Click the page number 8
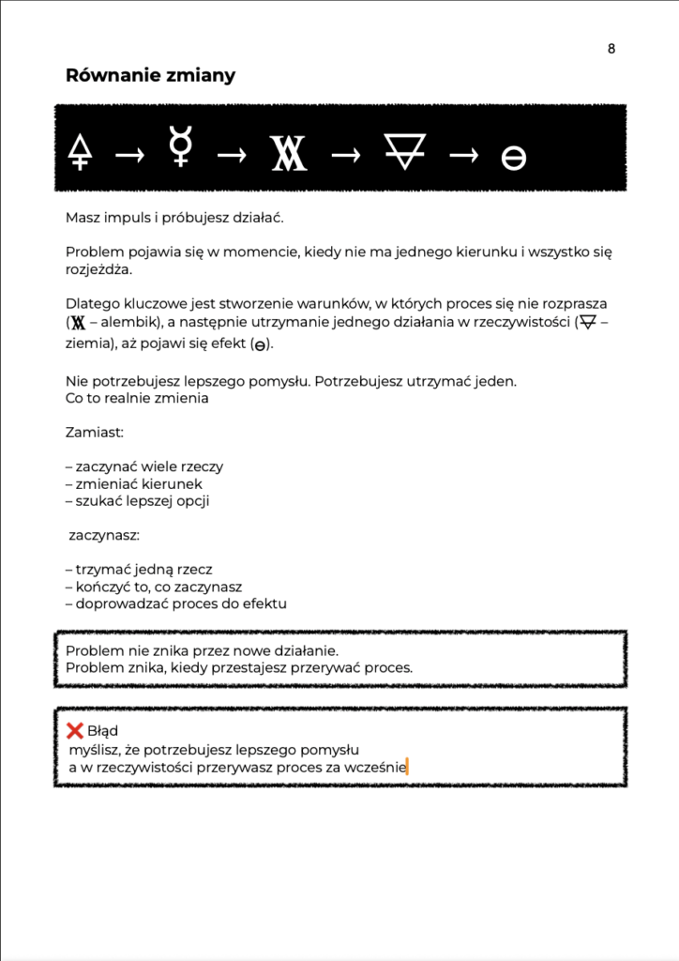[611, 49]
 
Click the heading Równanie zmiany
[150, 76]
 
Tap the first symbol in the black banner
[81, 151]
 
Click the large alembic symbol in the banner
[289, 153]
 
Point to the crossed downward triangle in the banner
[404, 150]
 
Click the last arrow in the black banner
[463, 155]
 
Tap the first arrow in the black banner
[129, 155]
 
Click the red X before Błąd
[75, 730]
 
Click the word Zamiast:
[91, 433]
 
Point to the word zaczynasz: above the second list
[105, 535]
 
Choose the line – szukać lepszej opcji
[137, 500]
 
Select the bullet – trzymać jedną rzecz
[139, 569]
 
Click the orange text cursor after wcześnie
[408, 767]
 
